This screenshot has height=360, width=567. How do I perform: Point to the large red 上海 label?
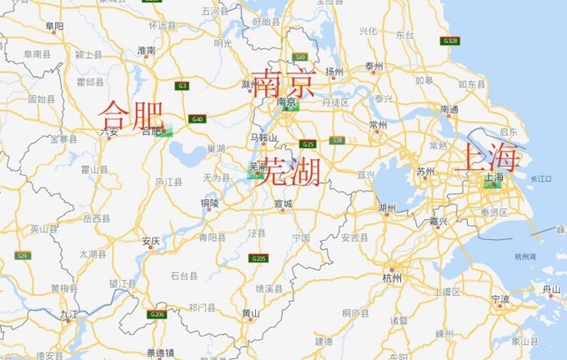pos(489,157)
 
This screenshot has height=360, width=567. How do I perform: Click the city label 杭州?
pos(392,277)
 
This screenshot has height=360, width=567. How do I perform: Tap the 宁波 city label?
pos(500,298)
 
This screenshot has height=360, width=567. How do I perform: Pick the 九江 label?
pos(68,314)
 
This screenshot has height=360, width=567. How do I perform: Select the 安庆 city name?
pos(151,241)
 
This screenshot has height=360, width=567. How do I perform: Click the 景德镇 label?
pos(159,352)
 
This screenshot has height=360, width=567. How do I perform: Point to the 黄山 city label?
pos(250,313)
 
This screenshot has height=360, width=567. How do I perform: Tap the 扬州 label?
pos(335,72)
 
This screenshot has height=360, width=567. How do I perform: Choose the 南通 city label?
pos(449,109)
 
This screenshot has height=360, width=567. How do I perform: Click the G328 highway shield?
pos(450,40)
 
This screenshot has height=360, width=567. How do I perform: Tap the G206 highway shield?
pos(157,314)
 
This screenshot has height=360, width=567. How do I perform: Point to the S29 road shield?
pos(22,256)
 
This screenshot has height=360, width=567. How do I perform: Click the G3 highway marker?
pos(182,85)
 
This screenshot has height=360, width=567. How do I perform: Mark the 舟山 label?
pos(551,289)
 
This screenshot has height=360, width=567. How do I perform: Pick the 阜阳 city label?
pos(55,27)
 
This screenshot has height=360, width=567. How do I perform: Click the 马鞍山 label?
pos(263,137)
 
